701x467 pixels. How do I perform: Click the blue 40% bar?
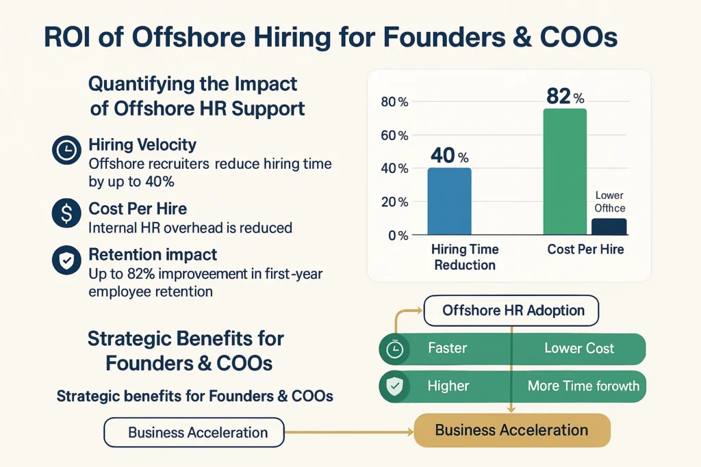449,201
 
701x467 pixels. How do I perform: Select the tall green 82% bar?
564,172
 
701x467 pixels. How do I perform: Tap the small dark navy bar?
609,226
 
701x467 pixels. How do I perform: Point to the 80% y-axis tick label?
394,103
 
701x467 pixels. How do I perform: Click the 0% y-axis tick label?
398,235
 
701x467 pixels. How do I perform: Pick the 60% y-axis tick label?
394,135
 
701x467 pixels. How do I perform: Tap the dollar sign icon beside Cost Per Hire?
66,215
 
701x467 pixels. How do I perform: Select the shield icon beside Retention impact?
66,260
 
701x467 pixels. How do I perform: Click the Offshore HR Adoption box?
512,310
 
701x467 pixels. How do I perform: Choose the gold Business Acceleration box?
511,431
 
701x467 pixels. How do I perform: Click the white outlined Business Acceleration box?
194,433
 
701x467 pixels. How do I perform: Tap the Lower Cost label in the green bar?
579,348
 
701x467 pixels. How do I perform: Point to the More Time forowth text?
583,386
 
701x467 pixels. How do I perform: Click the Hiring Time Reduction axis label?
465,257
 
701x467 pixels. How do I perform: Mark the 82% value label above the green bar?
564,96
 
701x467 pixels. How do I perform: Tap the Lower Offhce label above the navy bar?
609,202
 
